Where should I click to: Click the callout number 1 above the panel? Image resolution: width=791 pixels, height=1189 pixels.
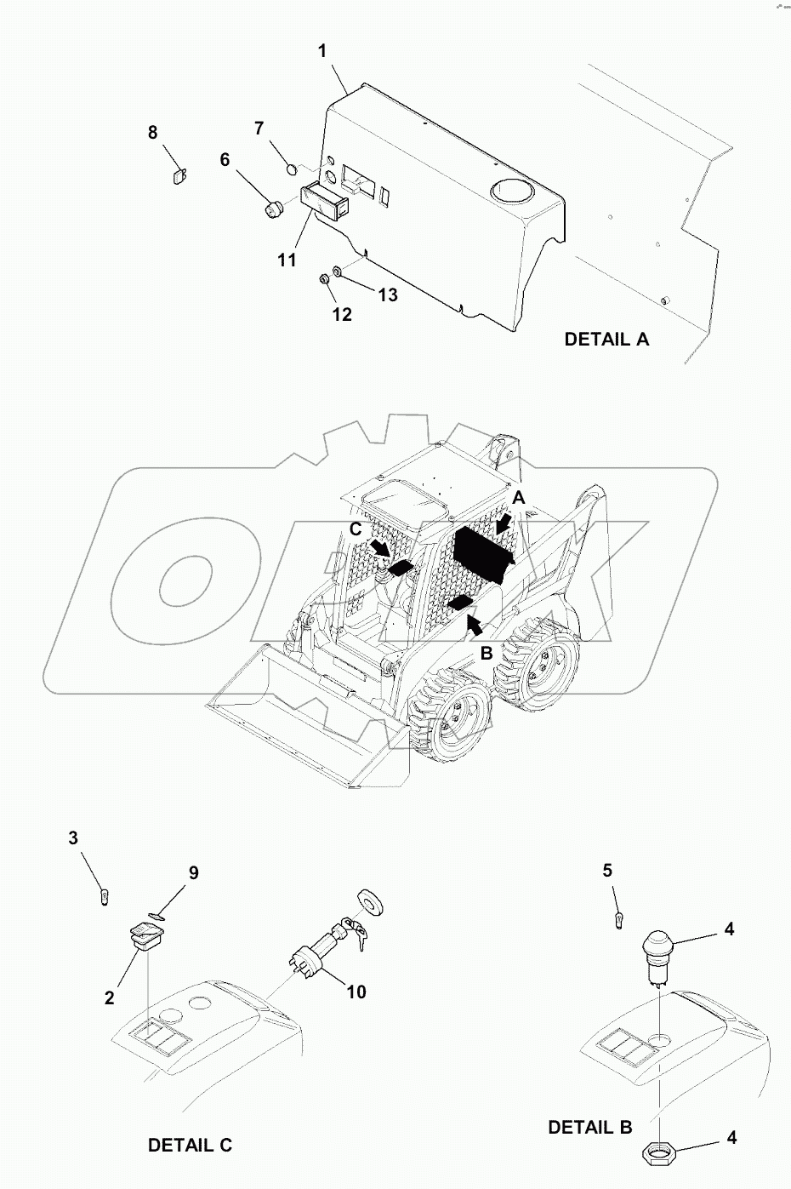tap(322, 51)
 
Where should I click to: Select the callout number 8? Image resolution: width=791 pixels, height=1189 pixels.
tap(153, 132)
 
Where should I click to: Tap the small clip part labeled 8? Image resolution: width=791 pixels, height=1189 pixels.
tap(179, 176)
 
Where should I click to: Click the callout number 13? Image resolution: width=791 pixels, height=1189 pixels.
tap(388, 294)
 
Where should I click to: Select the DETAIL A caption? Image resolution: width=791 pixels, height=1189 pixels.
tap(606, 339)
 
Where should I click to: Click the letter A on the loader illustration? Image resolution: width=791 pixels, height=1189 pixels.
tap(518, 497)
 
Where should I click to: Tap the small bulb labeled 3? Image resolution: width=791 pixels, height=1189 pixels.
tap(104, 895)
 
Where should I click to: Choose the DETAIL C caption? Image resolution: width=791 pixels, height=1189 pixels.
tap(190, 1145)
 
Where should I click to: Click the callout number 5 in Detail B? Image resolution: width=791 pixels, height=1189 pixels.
tap(607, 871)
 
